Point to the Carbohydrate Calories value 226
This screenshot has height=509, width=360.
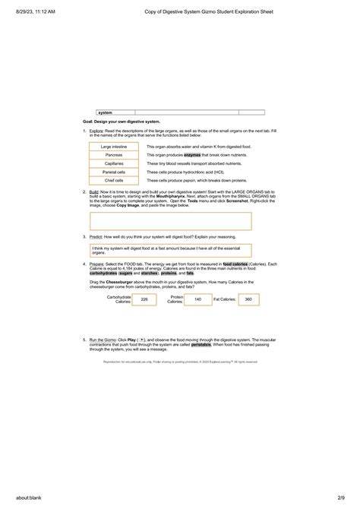144,300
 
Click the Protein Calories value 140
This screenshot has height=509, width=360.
197,300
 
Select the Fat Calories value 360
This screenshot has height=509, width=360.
248,300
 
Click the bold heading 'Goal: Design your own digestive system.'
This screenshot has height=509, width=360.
122,122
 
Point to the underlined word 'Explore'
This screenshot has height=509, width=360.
96,130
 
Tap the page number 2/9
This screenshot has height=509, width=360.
348,498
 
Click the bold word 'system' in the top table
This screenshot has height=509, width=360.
105,112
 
